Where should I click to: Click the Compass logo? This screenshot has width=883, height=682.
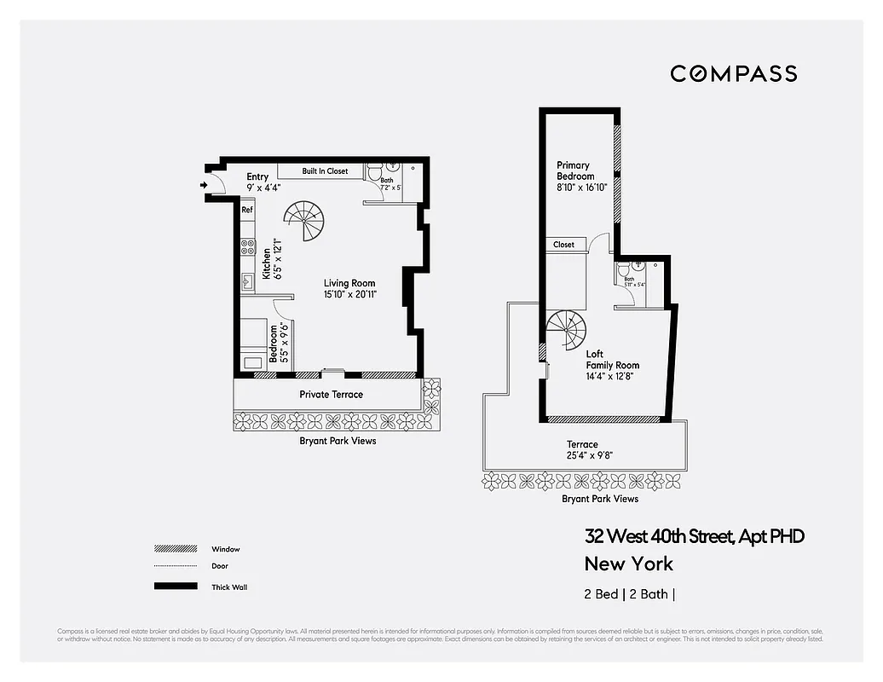tap(733, 73)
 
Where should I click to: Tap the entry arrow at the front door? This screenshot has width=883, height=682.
tap(204, 183)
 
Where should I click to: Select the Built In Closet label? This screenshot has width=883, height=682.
tap(325, 171)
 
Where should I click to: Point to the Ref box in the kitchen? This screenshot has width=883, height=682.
tap(246, 210)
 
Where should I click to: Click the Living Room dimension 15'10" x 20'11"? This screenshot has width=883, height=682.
tap(349, 295)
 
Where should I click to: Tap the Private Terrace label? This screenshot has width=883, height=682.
tap(331, 395)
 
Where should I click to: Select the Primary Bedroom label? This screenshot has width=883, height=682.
tap(575, 170)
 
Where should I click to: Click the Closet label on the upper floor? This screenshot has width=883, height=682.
tap(563, 245)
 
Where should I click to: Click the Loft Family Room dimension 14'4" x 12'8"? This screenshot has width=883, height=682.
tap(609, 376)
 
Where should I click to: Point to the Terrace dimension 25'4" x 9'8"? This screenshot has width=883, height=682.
tap(589, 455)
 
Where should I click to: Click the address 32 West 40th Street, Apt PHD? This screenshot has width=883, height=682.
tap(694, 536)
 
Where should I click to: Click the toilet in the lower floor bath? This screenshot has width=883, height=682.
tap(375, 172)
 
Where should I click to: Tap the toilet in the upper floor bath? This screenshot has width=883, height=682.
tap(623, 275)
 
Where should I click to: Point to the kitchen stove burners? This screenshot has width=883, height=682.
tap(247, 247)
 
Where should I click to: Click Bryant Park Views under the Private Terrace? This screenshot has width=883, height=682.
tap(338, 441)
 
